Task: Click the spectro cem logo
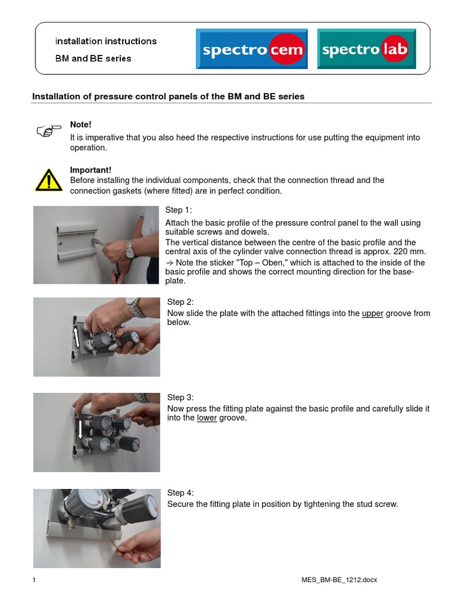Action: pyautogui.click(x=252, y=50)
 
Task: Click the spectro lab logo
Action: pyautogui.click(x=365, y=50)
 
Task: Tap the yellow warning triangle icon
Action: pyautogui.click(x=48, y=180)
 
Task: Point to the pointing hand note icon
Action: pyautogui.click(x=48, y=130)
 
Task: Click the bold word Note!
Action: pyautogui.click(x=81, y=124)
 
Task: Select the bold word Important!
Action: pyautogui.click(x=91, y=170)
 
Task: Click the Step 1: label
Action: pyautogui.click(x=178, y=210)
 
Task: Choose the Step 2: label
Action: pyautogui.click(x=180, y=302)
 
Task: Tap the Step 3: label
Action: pyautogui.click(x=180, y=398)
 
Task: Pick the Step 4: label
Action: pyautogui.click(x=180, y=493)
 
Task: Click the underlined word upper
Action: pyautogui.click(x=372, y=313)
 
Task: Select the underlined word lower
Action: pyautogui.click(x=207, y=418)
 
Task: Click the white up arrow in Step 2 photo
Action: pyautogui.click(x=76, y=337)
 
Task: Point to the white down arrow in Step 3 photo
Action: pyautogui.click(x=80, y=429)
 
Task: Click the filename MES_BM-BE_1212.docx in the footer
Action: pyautogui.click(x=339, y=580)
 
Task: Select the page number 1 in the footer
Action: pyautogui.click(x=34, y=580)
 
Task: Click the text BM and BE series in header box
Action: pyautogui.click(x=93, y=58)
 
